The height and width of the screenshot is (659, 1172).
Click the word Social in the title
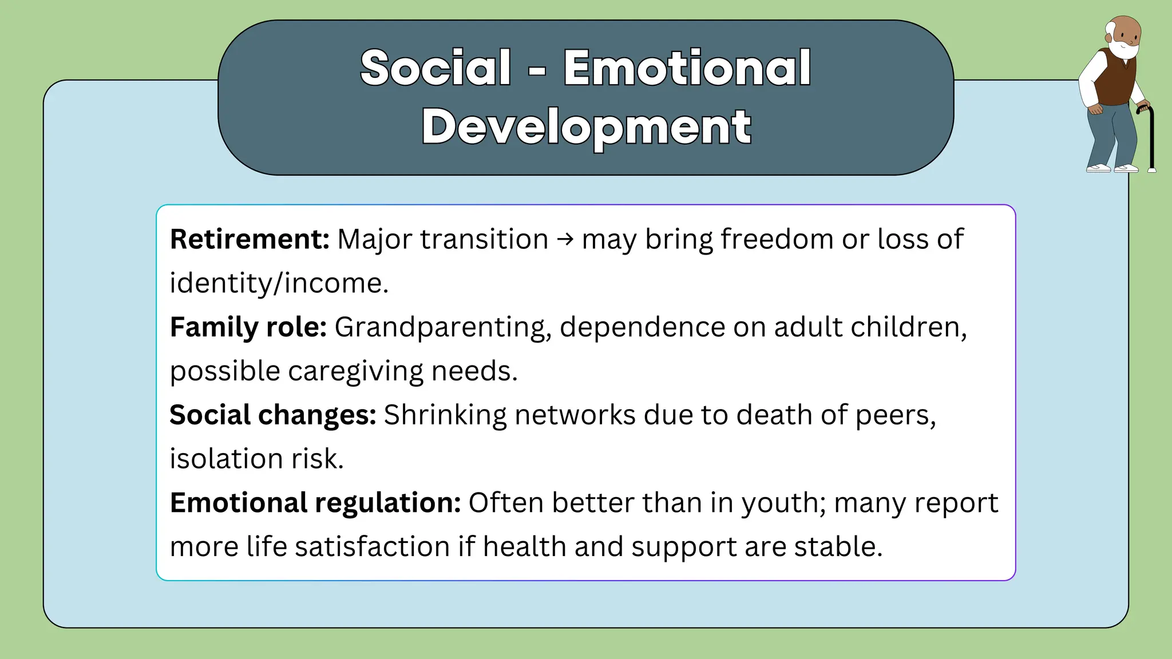[435, 68]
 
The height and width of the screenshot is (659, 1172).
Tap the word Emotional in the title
[687, 68]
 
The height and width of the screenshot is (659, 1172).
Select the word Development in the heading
[586, 127]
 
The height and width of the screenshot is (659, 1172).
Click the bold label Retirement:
[250, 239]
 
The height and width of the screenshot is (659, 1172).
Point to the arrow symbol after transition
[565, 239]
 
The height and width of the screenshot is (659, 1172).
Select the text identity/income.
[279, 283]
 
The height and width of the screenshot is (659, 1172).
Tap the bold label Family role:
[248, 327]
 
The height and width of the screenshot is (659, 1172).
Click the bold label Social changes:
[272, 415]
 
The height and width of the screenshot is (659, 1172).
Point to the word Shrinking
[445, 415]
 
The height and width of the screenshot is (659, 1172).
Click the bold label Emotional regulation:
[315, 503]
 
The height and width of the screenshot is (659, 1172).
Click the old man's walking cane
[1151, 140]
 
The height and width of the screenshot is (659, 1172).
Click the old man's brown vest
[1116, 80]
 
